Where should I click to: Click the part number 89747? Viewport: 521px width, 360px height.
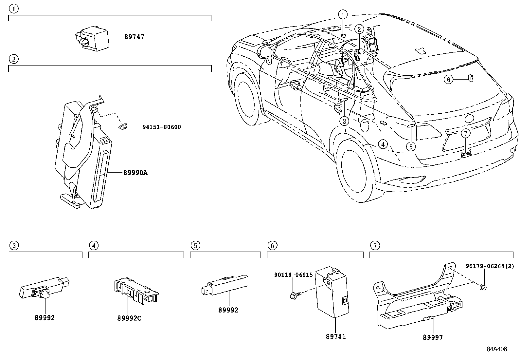point(134,37)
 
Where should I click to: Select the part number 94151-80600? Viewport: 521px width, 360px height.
point(162,127)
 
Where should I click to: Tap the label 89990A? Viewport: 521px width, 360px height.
point(135,173)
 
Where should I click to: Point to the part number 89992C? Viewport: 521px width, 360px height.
point(129,318)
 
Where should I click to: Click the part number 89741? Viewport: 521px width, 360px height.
point(336,336)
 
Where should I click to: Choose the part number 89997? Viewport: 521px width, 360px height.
point(433,337)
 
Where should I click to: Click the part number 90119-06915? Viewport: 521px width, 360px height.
point(293,275)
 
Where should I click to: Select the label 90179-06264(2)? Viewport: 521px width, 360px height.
point(490,266)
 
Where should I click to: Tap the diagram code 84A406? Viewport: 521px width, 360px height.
point(497,349)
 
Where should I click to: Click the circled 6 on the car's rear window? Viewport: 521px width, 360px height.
point(448,80)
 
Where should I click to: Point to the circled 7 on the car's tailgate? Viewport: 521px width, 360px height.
point(465,133)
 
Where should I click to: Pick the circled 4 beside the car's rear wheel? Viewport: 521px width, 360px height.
point(383,144)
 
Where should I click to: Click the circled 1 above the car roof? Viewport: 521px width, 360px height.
point(343,15)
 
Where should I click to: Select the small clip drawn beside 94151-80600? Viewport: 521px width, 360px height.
point(123,126)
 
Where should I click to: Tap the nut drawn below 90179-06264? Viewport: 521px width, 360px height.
point(483,287)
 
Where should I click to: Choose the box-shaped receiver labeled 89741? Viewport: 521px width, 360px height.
point(332,292)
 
